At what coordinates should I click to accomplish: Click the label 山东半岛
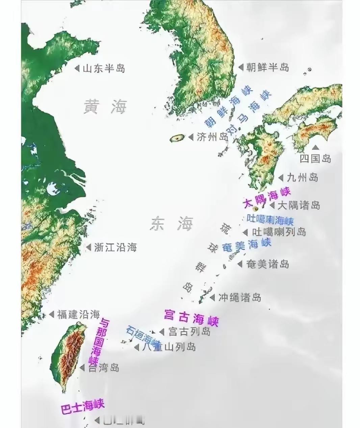click(x=104, y=69)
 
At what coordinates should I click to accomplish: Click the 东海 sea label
click(x=172, y=223)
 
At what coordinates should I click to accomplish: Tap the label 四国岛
click(x=315, y=158)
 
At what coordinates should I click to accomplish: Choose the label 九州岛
click(x=303, y=177)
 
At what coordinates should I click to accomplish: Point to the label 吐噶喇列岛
click(x=279, y=232)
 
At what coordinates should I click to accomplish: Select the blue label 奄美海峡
click(x=247, y=245)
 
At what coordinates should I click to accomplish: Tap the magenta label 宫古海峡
click(x=191, y=317)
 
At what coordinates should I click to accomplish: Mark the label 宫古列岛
click(x=189, y=331)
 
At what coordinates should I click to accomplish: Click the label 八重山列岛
click(x=170, y=347)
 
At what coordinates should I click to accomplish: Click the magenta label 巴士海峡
click(x=82, y=406)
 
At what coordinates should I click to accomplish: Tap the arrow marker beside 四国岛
click(x=315, y=148)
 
